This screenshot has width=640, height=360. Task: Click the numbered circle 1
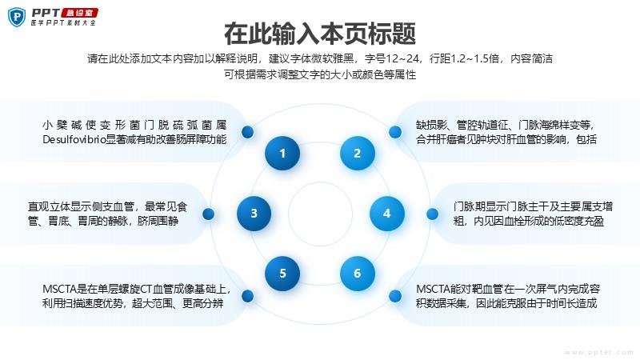282,153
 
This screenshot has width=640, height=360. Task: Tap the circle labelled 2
357,153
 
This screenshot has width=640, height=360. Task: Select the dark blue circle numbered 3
254,214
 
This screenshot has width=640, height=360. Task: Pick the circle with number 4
387,214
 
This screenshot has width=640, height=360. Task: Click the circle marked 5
282,274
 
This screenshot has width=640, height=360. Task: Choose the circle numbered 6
357,274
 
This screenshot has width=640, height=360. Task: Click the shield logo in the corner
17,17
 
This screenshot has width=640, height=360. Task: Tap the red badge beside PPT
79,13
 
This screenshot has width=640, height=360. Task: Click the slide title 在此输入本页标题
320,34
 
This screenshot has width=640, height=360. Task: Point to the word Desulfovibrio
74,139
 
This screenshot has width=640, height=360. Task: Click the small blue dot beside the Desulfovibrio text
248,132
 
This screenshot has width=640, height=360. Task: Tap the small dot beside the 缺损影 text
395,132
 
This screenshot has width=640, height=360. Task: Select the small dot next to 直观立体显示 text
208,214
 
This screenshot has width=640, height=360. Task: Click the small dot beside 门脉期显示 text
432,214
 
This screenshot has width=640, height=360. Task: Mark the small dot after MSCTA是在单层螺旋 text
248,296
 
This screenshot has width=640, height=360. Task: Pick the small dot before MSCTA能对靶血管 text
395,296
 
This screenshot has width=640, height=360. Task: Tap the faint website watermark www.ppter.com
599,352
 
